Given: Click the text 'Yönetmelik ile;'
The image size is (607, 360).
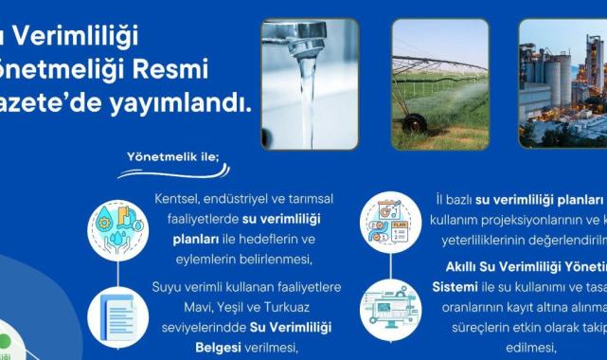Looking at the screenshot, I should pos(167,156).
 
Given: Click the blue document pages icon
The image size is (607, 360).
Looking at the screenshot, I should pos(117,313).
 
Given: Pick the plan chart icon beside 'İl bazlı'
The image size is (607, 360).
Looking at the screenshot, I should pos(388,224).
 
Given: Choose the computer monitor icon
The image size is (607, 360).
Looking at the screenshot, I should pos(388,304).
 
